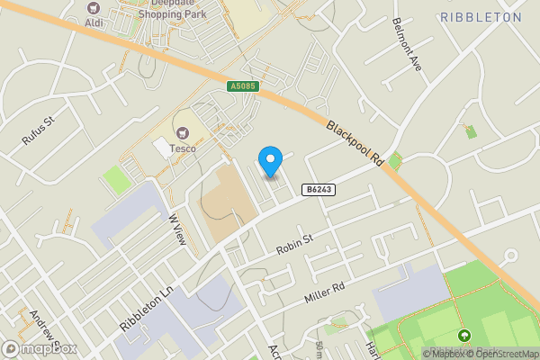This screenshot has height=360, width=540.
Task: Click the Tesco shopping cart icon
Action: pyautogui.click(x=184, y=133)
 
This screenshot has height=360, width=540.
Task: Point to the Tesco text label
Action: pyautogui.click(x=184, y=148)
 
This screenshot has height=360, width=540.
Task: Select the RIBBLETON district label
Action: pyautogui.click(x=481, y=16)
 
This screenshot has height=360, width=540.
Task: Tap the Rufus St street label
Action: pyautogui.click(x=39, y=130)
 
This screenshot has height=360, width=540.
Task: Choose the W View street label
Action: pyautogui.click(x=177, y=228)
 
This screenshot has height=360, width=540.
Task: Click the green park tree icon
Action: pyautogui.click(x=463, y=337)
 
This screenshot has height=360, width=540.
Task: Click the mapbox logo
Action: pyautogui.click(x=39, y=348)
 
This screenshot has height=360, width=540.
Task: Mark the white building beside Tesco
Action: pyautogui.click(x=162, y=146)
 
